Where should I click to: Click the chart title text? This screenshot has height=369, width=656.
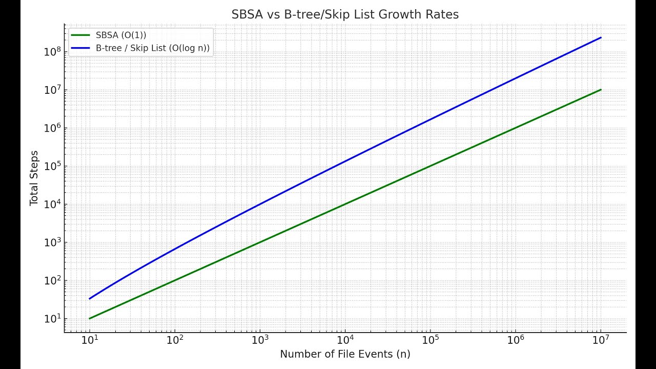[345, 14]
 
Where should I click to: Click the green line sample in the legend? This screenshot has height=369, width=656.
[80, 35]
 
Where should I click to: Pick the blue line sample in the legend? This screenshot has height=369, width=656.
[80, 48]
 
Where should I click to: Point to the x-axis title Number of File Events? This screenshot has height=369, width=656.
[345, 354]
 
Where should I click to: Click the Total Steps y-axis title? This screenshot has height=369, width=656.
[34, 178]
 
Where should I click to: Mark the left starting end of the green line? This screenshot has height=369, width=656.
[90, 319]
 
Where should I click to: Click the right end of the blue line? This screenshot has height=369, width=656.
[601, 37]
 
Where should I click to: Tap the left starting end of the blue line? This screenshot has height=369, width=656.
[90, 299]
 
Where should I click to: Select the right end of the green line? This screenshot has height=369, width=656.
[601, 90]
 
